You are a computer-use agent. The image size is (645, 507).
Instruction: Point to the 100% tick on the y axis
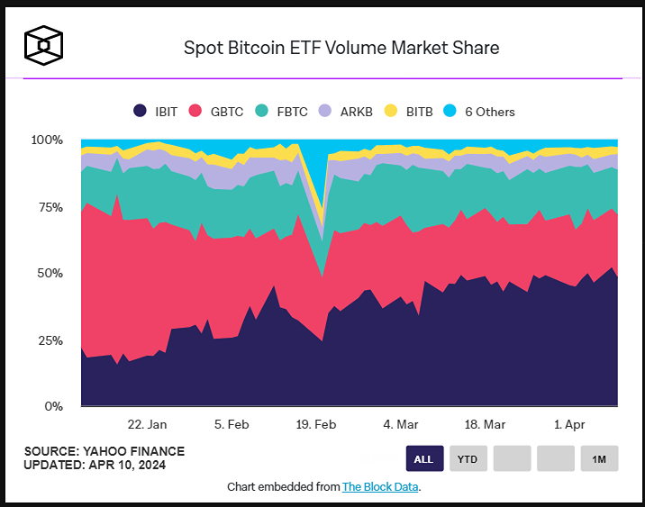pyautogui.click(x=47, y=140)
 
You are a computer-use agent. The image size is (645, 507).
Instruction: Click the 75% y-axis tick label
pyautogui.click(x=50, y=207)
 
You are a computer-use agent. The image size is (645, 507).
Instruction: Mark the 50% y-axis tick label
pyautogui.click(x=50, y=274)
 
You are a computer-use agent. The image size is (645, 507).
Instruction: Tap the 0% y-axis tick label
pyautogui.click(x=53, y=407)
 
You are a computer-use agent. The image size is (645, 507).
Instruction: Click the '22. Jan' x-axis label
pyautogui.click(x=147, y=424)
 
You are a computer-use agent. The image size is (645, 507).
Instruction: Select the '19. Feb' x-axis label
pyautogui.click(x=315, y=424)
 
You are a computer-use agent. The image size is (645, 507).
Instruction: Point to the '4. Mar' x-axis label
pyautogui.click(x=400, y=424)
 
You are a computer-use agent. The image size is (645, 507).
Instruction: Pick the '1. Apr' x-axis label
pyautogui.click(x=569, y=424)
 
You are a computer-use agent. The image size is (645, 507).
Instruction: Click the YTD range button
pyautogui.click(x=468, y=458)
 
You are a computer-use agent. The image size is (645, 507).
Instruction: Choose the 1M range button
pyautogui.click(x=599, y=458)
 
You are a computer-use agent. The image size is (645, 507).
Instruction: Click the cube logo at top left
pyautogui.click(x=42, y=43)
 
